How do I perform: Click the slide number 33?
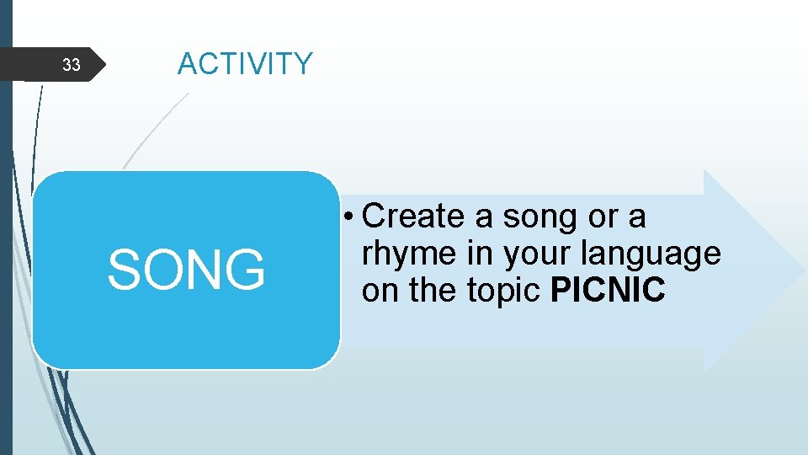tap(72, 65)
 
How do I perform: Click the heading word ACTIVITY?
tap(245, 64)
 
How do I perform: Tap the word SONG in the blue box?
tap(186, 270)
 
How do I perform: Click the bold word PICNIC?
tap(608, 291)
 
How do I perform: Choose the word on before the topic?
tap(380, 292)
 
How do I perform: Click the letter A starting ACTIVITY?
tap(188, 64)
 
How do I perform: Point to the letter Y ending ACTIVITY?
tap(302, 64)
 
